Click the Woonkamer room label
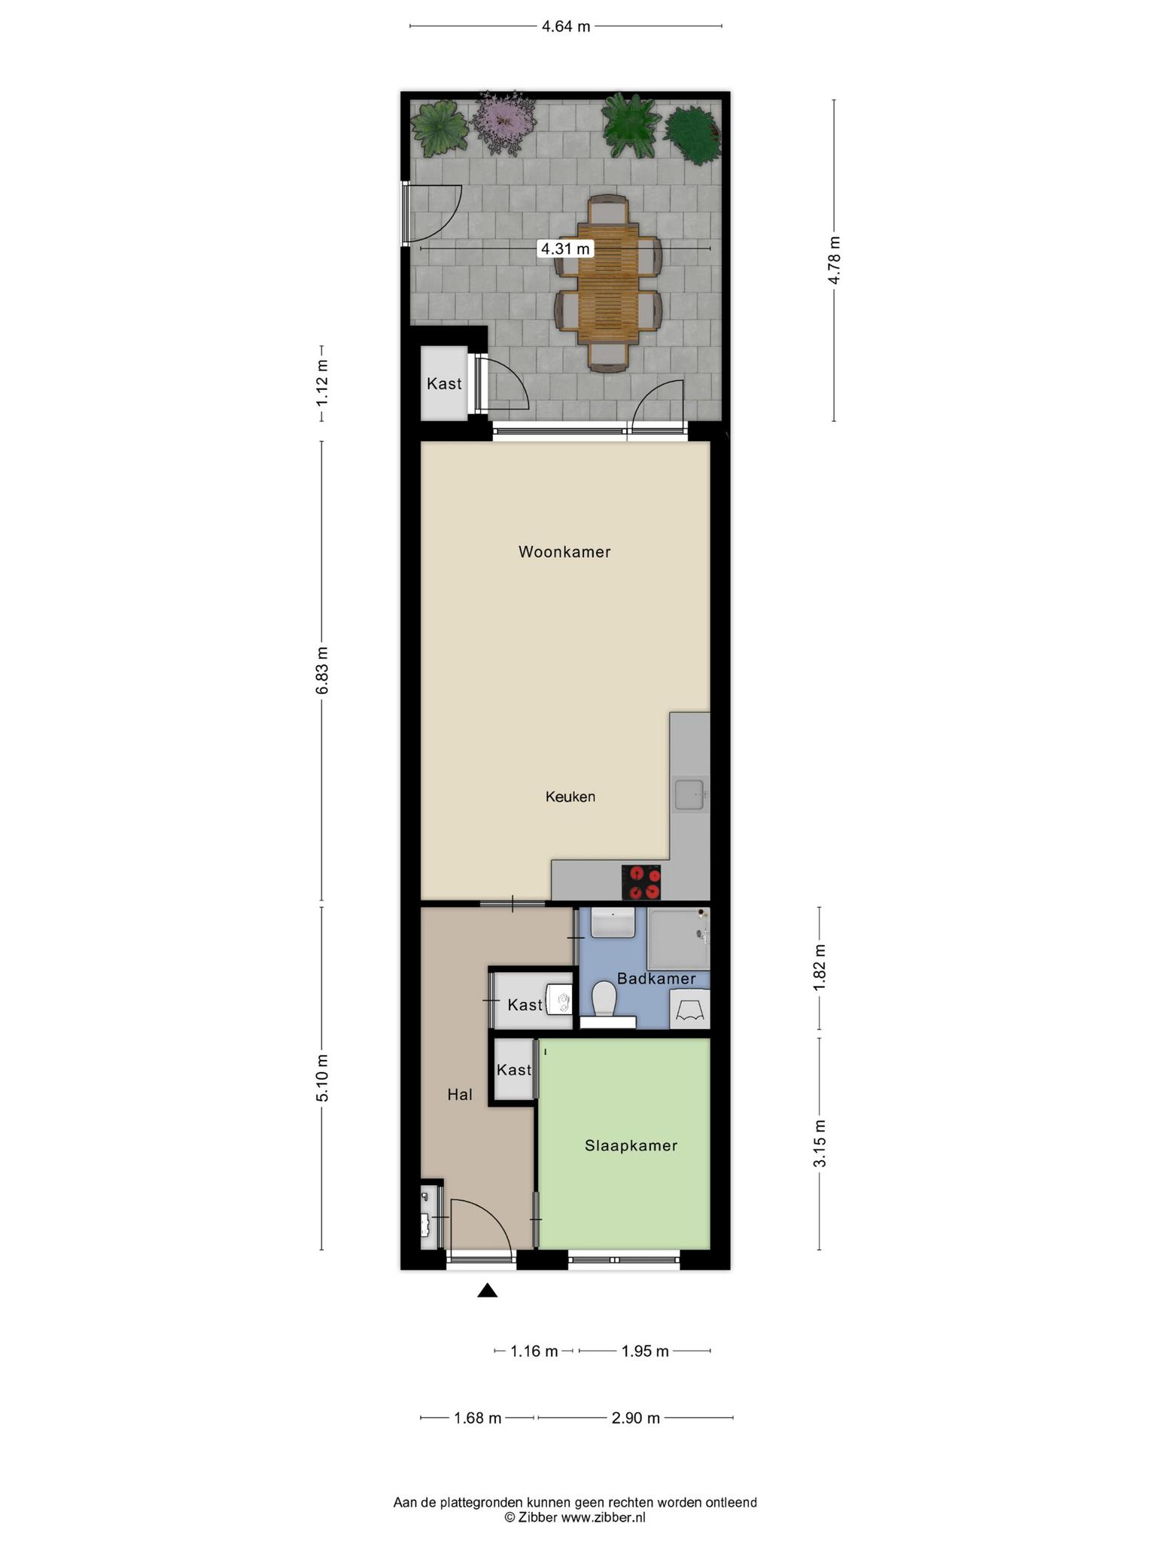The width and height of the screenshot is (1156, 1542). click(564, 552)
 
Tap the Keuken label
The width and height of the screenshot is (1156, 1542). click(570, 797)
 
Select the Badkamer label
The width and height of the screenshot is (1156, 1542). click(656, 979)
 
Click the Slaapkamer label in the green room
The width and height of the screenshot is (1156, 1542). click(631, 1146)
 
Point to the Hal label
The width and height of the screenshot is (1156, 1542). click(460, 1095)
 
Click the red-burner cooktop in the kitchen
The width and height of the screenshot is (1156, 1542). click(641, 882)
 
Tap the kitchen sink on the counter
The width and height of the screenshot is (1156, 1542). click(689, 795)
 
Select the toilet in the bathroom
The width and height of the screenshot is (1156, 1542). click(604, 999)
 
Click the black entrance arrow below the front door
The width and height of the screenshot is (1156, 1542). click(488, 1291)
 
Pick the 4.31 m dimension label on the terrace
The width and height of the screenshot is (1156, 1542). click(565, 248)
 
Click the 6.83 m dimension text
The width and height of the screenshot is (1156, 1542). click(322, 670)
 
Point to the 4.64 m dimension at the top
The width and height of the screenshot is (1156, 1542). click(566, 27)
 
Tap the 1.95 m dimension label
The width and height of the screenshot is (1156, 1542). click(645, 1352)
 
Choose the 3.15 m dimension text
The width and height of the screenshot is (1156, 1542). click(820, 1143)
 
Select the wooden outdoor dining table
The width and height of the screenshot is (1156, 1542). click(608, 284)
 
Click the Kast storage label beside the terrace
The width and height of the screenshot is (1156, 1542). click(444, 384)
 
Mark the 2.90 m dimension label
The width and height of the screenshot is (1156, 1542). click(636, 1419)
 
